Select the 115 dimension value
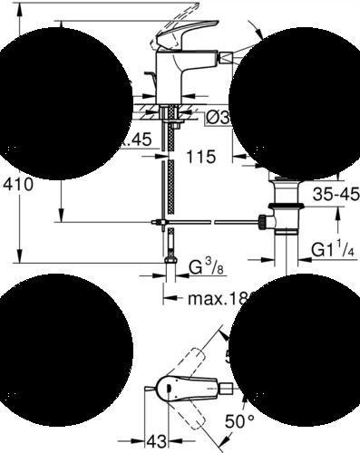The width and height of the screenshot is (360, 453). click(x=201, y=156)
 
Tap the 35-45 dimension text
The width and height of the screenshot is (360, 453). click(x=336, y=193)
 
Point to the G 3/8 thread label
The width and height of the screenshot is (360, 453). click(x=206, y=267)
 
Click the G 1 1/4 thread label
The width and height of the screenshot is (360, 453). click(x=332, y=250)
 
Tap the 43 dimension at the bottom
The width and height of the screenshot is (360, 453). click(x=157, y=439)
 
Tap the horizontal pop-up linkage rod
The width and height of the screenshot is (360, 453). click(x=212, y=220)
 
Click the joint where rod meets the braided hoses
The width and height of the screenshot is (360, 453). click(x=161, y=220)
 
